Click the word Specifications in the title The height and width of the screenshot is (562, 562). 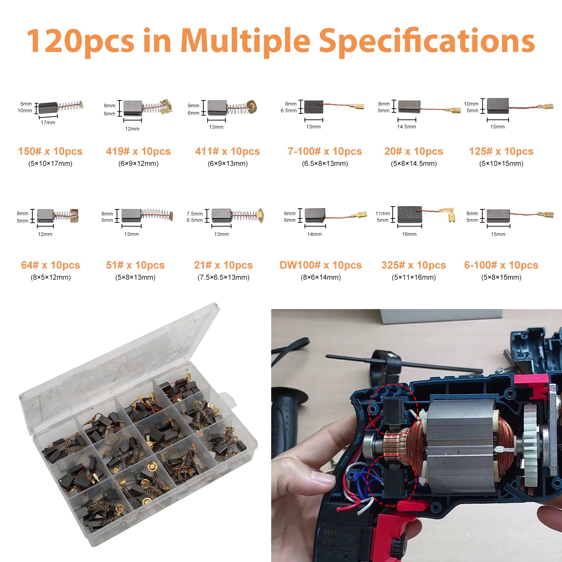pyautogui.click(x=427, y=41)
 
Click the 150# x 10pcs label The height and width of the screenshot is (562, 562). pyautogui.click(x=50, y=151)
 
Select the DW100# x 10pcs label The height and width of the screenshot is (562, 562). pyautogui.click(x=320, y=265)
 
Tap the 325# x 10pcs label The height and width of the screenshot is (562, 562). pyautogui.click(x=413, y=265)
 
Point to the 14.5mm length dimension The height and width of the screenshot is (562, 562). pyautogui.click(x=406, y=127)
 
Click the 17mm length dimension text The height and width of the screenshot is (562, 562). pyautogui.click(x=48, y=123)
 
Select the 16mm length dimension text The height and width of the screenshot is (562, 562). pyautogui.click(x=409, y=234)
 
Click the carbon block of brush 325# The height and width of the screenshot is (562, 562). pyautogui.click(x=410, y=215)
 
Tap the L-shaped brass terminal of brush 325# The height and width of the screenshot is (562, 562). pyautogui.click(x=451, y=214)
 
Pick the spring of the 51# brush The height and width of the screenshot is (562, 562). pyautogui.click(x=156, y=214)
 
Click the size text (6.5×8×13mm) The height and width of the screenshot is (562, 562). pyautogui.click(x=325, y=164)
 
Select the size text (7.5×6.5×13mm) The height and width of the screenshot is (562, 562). pyautogui.click(x=223, y=277)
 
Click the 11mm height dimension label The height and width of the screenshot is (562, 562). pyautogui.click(x=383, y=214)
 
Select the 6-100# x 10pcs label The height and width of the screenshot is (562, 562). pyautogui.click(x=501, y=265)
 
